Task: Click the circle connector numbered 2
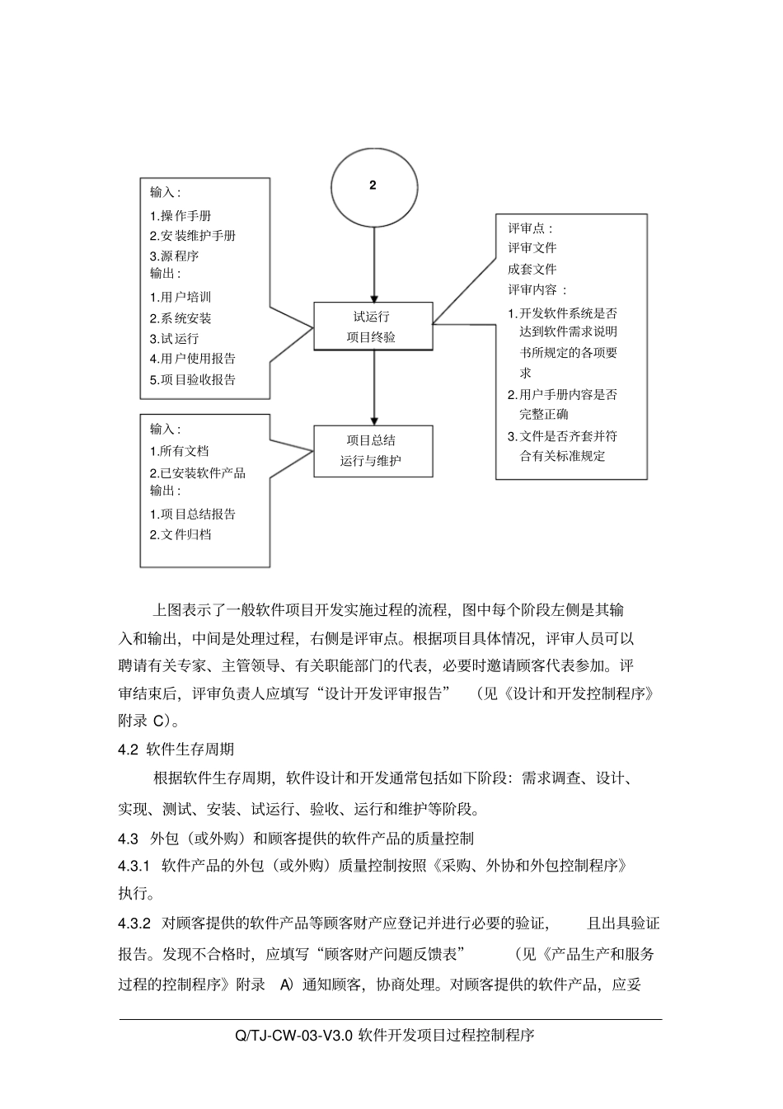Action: (x=373, y=186)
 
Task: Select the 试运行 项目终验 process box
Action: (x=373, y=327)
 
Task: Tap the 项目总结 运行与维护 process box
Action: (x=373, y=451)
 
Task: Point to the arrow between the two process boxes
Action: (x=374, y=388)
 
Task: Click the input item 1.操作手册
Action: (x=181, y=215)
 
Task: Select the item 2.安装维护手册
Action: (x=193, y=236)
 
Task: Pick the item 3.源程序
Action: (x=174, y=256)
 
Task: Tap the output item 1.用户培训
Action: (x=181, y=297)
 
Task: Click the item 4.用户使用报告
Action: (x=193, y=359)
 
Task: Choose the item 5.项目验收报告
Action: (x=193, y=379)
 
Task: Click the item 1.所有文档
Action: (x=179, y=451)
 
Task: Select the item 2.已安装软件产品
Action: (x=198, y=473)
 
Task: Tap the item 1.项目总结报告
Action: (x=193, y=514)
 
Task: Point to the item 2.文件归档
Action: (x=181, y=534)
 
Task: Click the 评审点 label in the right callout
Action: (x=530, y=228)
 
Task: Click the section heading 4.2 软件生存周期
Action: (x=176, y=749)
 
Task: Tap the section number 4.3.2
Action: (x=134, y=923)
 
